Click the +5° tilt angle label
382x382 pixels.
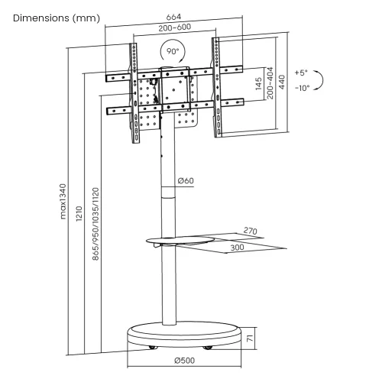coord(300,73)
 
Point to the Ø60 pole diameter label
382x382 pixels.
coord(186,181)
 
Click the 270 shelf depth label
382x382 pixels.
coord(249,229)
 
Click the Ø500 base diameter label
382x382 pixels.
coord(186,359)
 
